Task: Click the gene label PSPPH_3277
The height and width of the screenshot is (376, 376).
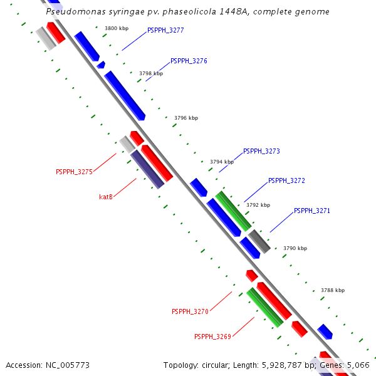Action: tap(165, 30)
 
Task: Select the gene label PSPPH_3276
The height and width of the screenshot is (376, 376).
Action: tap(189, 61)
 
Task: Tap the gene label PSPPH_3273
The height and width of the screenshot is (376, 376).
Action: tap(261, 152)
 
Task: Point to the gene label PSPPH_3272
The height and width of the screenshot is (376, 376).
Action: tap(286, 181)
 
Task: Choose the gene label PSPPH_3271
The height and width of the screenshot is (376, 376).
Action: tap(311, 211)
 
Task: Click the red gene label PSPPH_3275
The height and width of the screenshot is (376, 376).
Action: tap(74, 172)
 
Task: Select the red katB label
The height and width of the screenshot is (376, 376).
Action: tap(106, 197)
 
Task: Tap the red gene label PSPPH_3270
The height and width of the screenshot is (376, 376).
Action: tap(190, 311)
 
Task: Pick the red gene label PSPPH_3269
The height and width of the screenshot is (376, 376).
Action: tap(212, 337)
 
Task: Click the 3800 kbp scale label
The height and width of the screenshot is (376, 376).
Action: tap(117, 29)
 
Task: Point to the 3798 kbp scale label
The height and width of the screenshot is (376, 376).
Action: tap(151, 73)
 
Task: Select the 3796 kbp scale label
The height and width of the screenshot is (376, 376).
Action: tap(186, 118)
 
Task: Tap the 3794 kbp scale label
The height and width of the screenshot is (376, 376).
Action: tap(222, 162)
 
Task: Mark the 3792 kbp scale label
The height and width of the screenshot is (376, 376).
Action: tap(258, 205)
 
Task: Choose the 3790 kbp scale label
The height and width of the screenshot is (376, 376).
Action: tap(295, 249)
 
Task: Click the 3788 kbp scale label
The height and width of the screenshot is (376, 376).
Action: tap(333, 291)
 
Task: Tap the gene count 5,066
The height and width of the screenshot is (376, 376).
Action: tap(358, 365)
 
